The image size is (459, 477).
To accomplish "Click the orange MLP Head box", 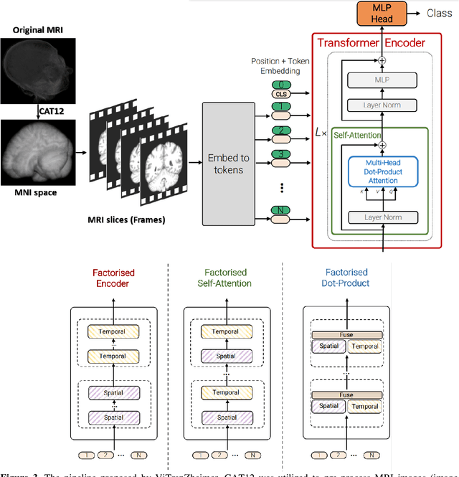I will tap(382, 13).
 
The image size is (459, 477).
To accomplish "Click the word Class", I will tap(440, 13).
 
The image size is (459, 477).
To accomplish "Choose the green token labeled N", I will tap(283, 209).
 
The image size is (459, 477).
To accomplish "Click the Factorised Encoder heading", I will tap(114, 278).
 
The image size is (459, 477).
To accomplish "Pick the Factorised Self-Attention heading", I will tap(227, 278).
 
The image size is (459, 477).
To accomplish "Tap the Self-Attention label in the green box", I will tap(354, 136).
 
